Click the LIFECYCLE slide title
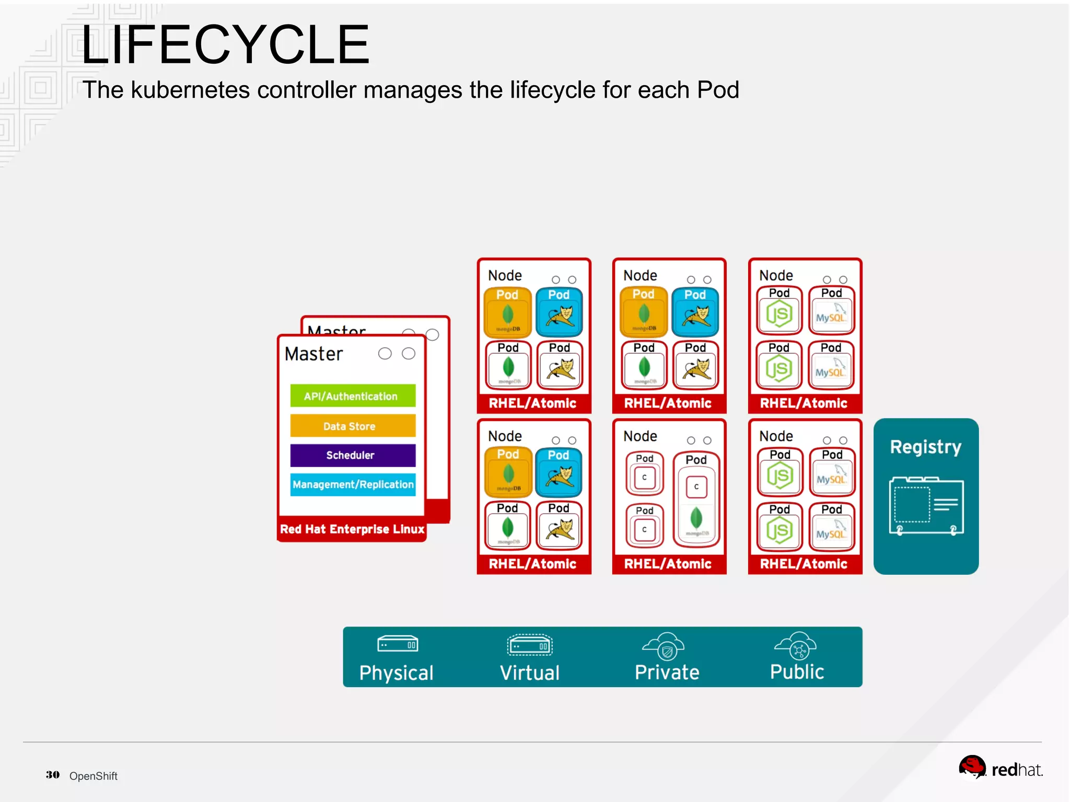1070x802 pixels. pos(225,45)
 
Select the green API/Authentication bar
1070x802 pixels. pos(353,396)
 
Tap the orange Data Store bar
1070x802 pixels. pos(353,426)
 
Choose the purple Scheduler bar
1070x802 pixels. pos(353,455)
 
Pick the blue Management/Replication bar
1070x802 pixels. pos(353,484)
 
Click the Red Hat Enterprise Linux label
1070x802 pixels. pos(352,529)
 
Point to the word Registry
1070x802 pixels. pos(925,447)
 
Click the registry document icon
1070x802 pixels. pos(926,505)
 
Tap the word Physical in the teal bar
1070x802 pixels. pos(396,673)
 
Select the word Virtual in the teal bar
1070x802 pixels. pos(529,673)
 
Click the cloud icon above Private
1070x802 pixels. pos(664,646)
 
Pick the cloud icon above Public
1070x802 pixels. pos(796,646)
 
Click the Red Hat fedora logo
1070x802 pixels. pos(972,767)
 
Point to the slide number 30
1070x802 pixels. pos(52,775)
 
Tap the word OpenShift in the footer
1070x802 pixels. pos(94,776)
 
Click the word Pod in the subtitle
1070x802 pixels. pos(718,90)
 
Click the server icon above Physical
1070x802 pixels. pos(398,644)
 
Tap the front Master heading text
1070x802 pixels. pos(313,354)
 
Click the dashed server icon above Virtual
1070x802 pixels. pos(529,645)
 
